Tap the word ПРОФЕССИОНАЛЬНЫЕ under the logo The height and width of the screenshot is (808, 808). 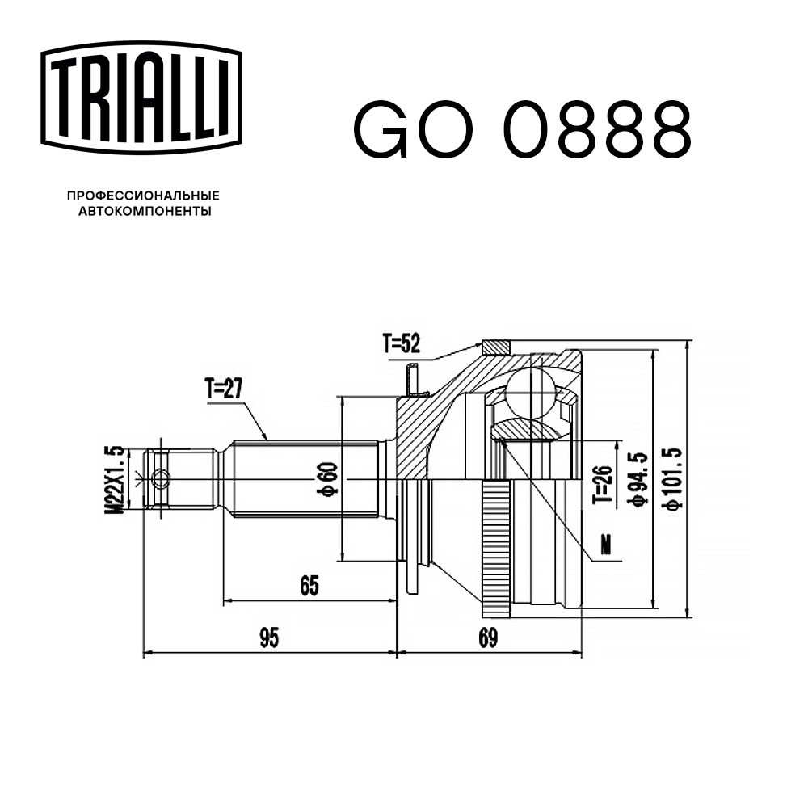click(x=143, y=196)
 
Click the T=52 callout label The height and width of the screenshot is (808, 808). click(x=402, y=345)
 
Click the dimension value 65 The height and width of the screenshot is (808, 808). click(x=308, y=585)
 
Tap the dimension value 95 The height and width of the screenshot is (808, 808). click(x=269, y=638)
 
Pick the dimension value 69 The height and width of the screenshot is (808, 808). click(x=487, y=638)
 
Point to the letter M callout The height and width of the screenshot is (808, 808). click(x=607, y=547)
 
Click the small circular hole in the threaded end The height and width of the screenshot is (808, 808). click(x=161, y=479)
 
